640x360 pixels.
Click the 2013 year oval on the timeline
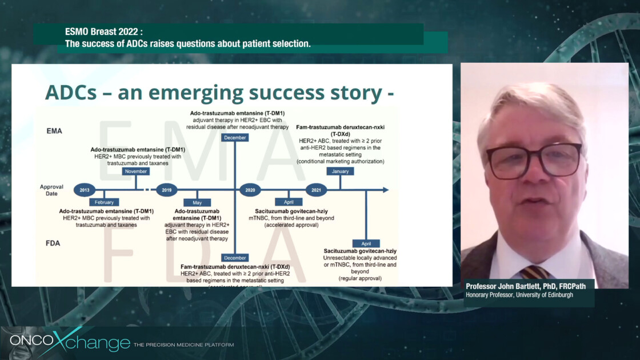pyautogui.click(x=85, y=190)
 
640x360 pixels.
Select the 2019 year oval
pyautogui.click(x=166, y=190)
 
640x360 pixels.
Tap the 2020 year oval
pyautogui.click(x=250, y=190)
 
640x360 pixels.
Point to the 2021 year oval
pyautogui.click(x=316, y=190)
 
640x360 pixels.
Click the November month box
pyautogui.click(x=135, y=171)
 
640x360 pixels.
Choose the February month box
pyautogui.click(x=104, y=202)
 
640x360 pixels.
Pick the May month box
pyautogui.click(x=197, y=202)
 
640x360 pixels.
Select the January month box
pyautogui.click(x=340, y=171)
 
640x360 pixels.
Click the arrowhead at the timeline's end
pyautogui.click(x=386, y=190)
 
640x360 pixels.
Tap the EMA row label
pyautogui.click(x=55, y=131)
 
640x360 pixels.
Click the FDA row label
pyautogui.click(x=54, y=243)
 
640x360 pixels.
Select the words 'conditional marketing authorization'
pyautogui.click(x=340, y=161)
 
